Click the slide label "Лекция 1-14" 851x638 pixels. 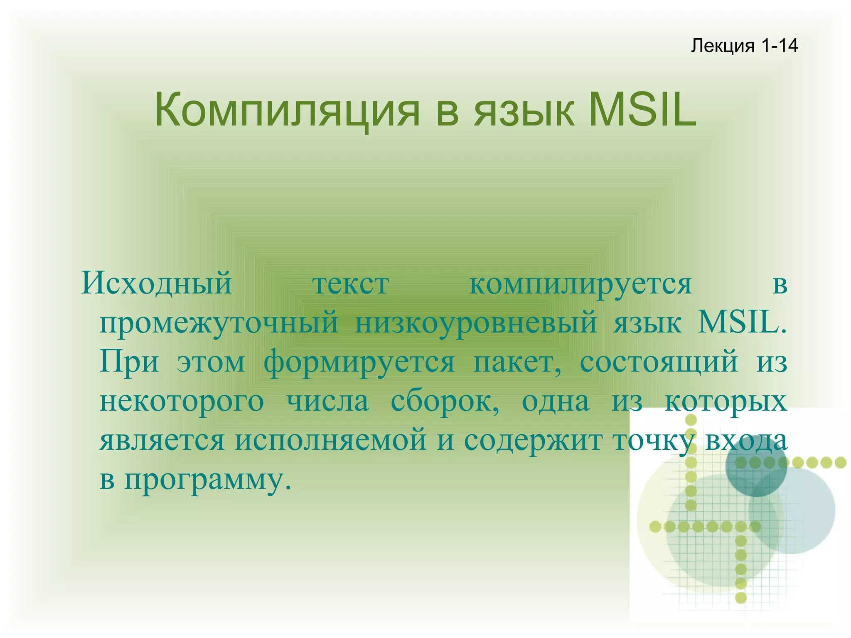(x=744, y=45)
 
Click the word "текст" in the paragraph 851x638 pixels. (x=351, y=285)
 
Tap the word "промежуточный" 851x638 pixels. (x=219, y=323)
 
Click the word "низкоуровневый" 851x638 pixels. (x=476, y=323)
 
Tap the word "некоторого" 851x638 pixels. (x=182, y=402)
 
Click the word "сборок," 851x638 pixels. (x=445, y=402)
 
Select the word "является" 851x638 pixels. (x=162, y=441)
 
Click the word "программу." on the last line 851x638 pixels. (x=208, y=480)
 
